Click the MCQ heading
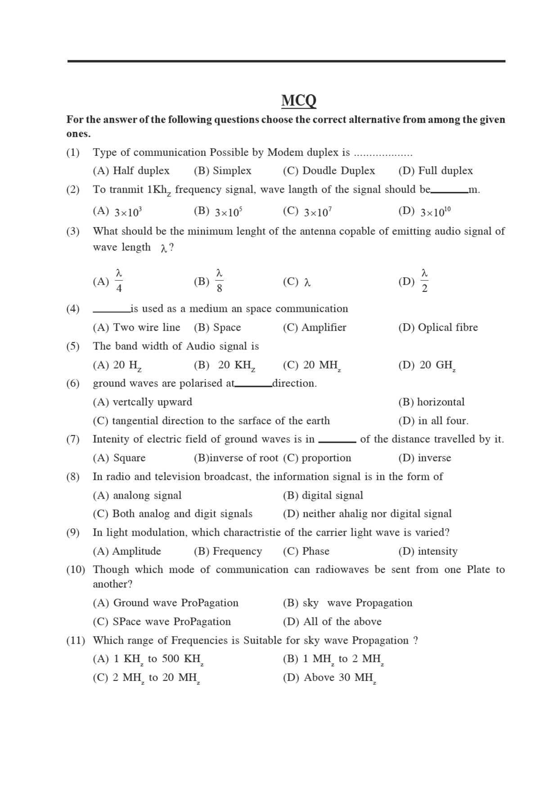[298, 100]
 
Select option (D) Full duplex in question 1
[436, 171]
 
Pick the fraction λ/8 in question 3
[219, 281]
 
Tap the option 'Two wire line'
[146, 327]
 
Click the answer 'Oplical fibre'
[447, 327]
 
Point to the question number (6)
[73, 383]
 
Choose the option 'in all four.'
[443, 421]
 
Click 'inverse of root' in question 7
[243, 458]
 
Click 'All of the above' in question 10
[342, 622]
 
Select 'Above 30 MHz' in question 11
[340, 678]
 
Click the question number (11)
[75, 640]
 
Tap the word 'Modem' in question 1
[285, 152]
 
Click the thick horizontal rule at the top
[286, 61]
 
